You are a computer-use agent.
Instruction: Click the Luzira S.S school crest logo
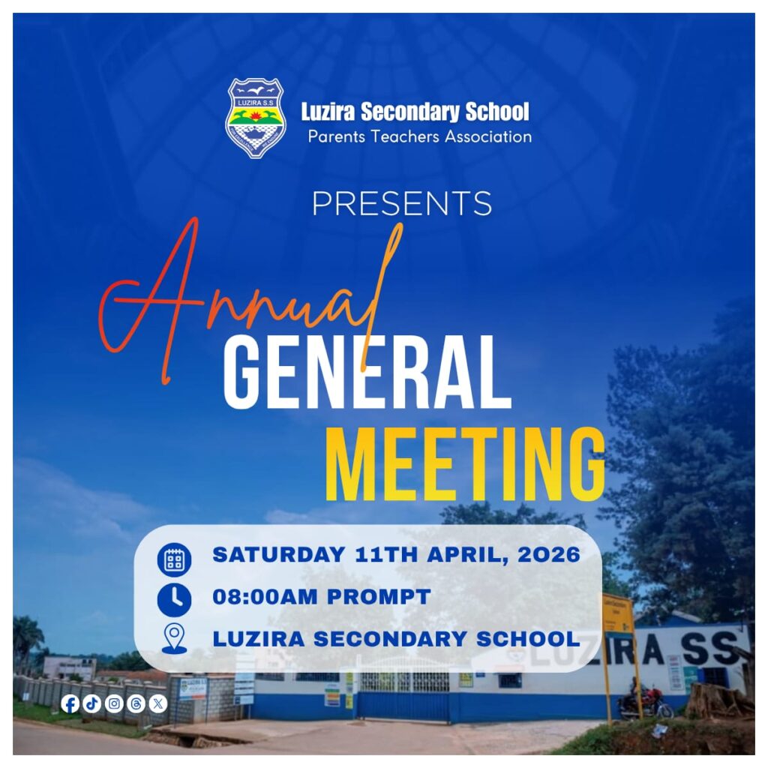point(255,118)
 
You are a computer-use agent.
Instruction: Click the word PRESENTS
point(402,203)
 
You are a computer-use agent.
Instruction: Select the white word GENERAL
point(367,373)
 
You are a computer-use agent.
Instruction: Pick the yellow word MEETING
point(465,464)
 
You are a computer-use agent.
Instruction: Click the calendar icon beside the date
point(174,559)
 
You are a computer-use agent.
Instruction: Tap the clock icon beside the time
point(174,599)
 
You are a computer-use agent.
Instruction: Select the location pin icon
point(174,639)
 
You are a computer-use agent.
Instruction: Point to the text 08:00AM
point(265,596)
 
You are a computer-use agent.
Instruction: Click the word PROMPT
point(379,596)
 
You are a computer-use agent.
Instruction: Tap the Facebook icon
point(70,704)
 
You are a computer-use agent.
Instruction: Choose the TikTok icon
point(92,704)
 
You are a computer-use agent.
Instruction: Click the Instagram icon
point(114,704)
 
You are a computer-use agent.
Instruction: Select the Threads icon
point(136,704)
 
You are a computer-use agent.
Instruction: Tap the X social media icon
point(157,704)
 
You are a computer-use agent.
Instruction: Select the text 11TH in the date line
point(386,555)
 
